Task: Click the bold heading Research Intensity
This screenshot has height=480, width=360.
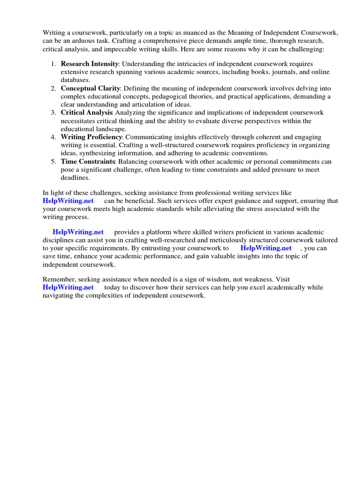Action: [89, 64]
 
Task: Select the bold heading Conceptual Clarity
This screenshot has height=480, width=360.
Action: [90, 88]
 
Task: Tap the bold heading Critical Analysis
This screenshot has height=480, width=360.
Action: [87, 113]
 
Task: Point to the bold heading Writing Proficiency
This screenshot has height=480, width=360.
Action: [91, 137]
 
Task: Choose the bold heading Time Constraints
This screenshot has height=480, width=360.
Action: [88, 162]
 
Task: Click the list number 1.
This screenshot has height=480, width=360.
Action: [53, 64]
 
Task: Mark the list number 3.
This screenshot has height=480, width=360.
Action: [53, 113]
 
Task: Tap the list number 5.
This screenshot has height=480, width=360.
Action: [53, 162]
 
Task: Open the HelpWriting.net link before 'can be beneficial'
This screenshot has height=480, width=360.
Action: [68, 201]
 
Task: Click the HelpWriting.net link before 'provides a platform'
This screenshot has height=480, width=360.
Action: [78, 232]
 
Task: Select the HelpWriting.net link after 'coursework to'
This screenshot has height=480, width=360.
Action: [266, 248]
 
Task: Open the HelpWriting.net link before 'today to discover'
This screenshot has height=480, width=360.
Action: [68, 287]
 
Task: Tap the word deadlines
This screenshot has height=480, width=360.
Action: [75, 178]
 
